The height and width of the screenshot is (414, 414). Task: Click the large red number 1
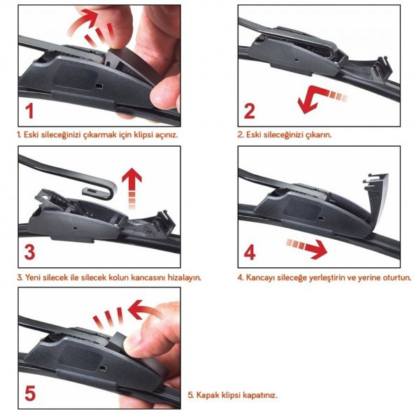tap(29, 110)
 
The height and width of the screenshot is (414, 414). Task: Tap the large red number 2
tap(250, 111)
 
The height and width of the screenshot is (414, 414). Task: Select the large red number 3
tap(29, 252)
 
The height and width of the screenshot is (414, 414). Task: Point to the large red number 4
tap(250, 252)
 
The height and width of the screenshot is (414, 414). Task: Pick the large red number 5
tap(30, 393)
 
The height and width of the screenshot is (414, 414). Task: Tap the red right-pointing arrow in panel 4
tap(308, 247)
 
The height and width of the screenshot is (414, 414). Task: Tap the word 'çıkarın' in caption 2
tap(318, 135)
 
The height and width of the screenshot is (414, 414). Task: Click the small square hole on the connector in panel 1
tap(99, 86)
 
